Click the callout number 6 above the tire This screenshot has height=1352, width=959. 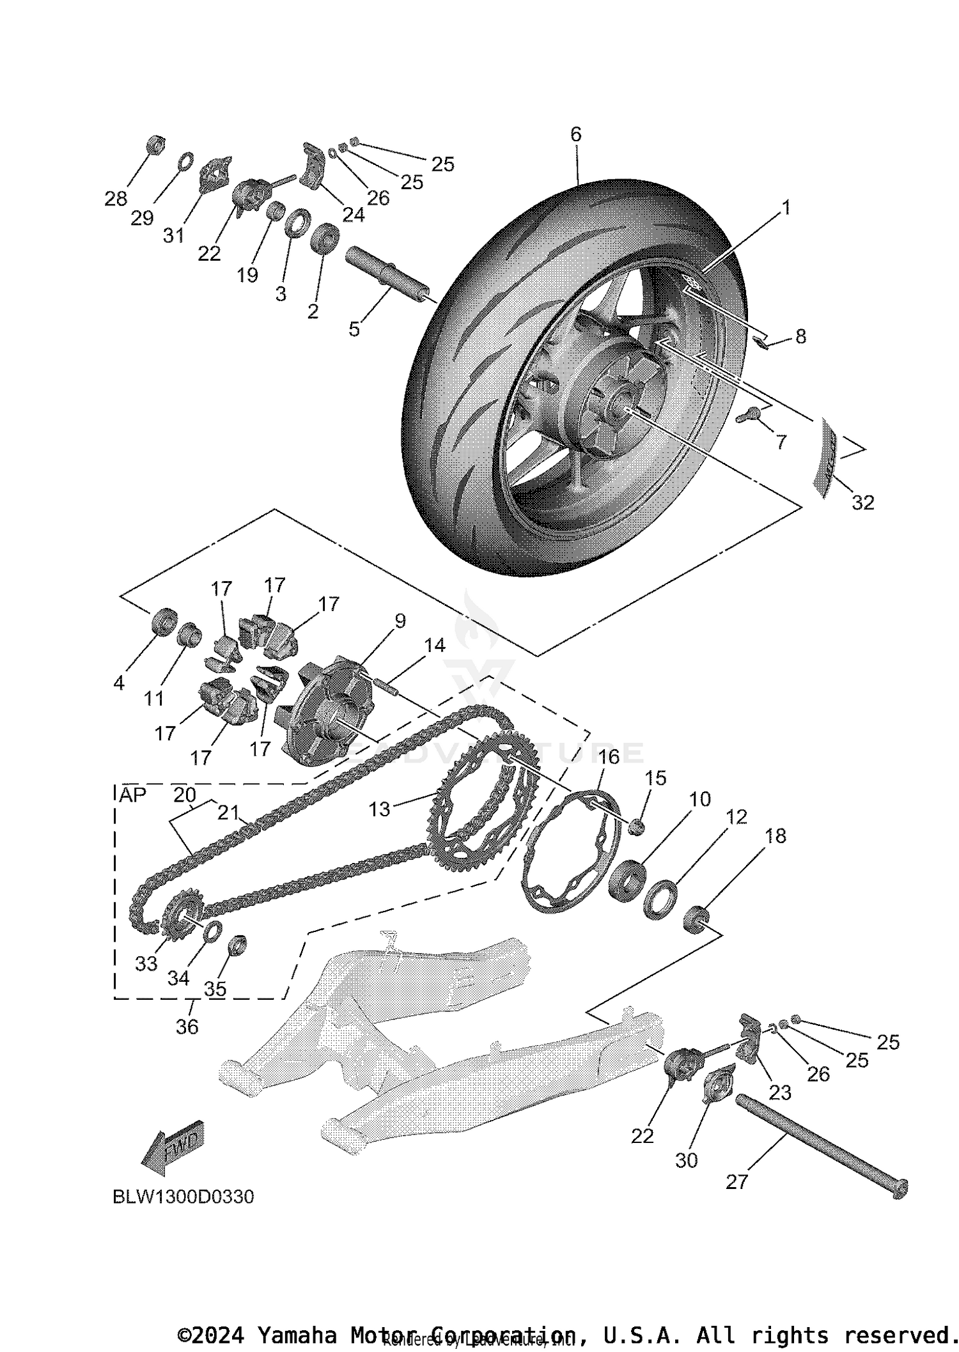point(575,134)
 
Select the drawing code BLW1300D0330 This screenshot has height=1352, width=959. point(183,1196)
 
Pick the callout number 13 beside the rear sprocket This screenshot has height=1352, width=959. point(379,809)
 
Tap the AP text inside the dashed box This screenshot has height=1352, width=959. point(133,795)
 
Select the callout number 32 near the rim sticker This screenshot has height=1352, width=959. point(862,502)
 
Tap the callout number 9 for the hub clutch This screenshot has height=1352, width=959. point(400,621)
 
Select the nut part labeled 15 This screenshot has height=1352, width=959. point(635,827)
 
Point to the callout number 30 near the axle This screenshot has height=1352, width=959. point(687,1160)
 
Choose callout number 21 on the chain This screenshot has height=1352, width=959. point(228,812)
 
